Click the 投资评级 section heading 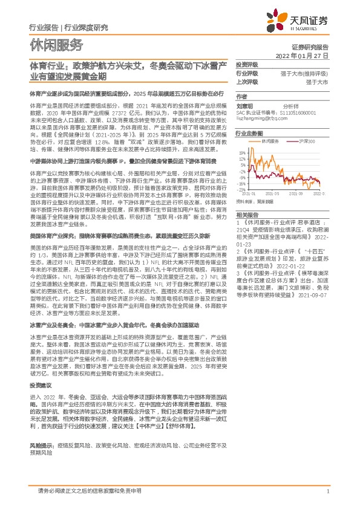point(246,64)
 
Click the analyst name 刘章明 point(244,105)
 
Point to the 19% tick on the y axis point(243,152)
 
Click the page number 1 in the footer point(327,491)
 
